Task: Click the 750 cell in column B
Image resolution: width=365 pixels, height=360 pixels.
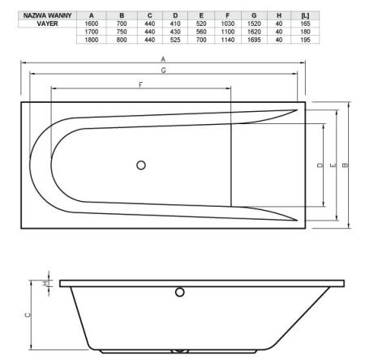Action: (122, 32)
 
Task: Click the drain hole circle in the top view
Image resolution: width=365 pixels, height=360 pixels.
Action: (142, 165)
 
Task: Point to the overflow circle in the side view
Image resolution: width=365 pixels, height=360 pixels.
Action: (180, 291)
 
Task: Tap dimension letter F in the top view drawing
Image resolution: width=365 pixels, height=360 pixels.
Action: (140, 84)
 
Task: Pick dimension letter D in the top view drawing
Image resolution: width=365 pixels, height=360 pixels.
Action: (320, 165)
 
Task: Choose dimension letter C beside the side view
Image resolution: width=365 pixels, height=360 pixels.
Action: (28, 316)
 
